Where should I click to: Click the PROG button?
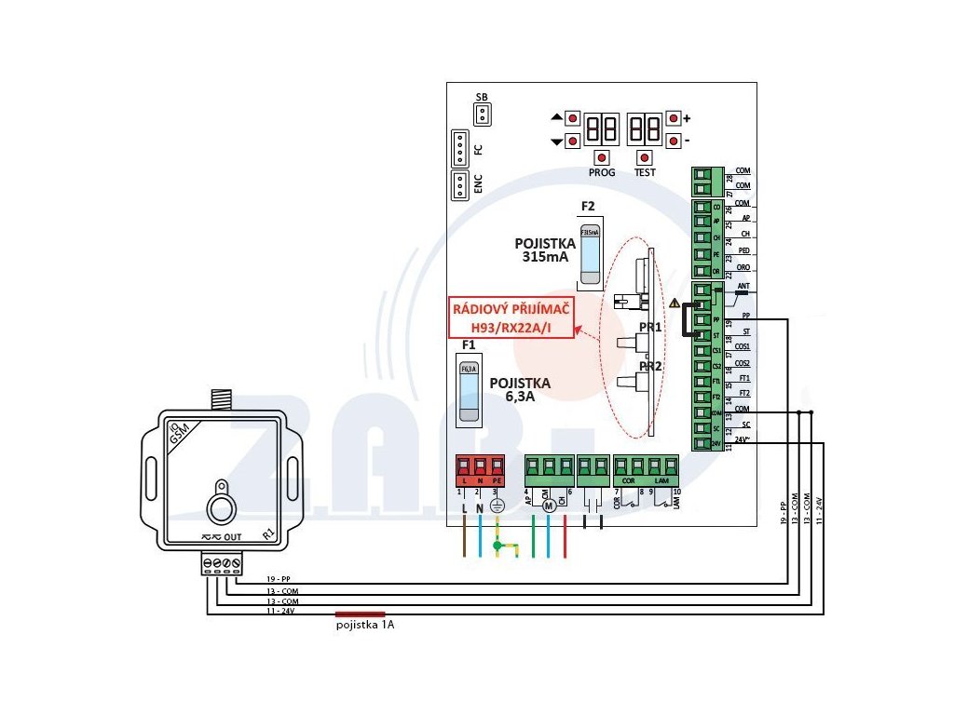pyautogui.click(x=603, y=157)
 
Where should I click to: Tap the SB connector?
pyautogui.click(x=482, y=115)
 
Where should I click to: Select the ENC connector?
pyautogui.click(x=459, y=186)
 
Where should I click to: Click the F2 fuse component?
pyautogui.click(x=590, y=253)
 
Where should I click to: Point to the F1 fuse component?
pyautogui.click(x=469, y=391)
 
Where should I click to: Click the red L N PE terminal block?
pyautogui.click(x=479, y=467)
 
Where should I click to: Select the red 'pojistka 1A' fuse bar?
pyautogui.click(x=361, y=614)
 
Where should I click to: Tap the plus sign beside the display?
pyautogui.click(x=687, y=119)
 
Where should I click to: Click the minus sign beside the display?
pyautogui.click(x=687, y=141)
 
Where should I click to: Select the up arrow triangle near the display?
pyautogui.click(x=557, y=118)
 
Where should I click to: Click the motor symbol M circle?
pyautogui.click(x=549, y=504)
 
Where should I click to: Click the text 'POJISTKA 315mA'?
pyautogui.click(x=546, y=249)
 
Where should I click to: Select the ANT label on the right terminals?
pyautogui.click(x=743, y=286)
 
